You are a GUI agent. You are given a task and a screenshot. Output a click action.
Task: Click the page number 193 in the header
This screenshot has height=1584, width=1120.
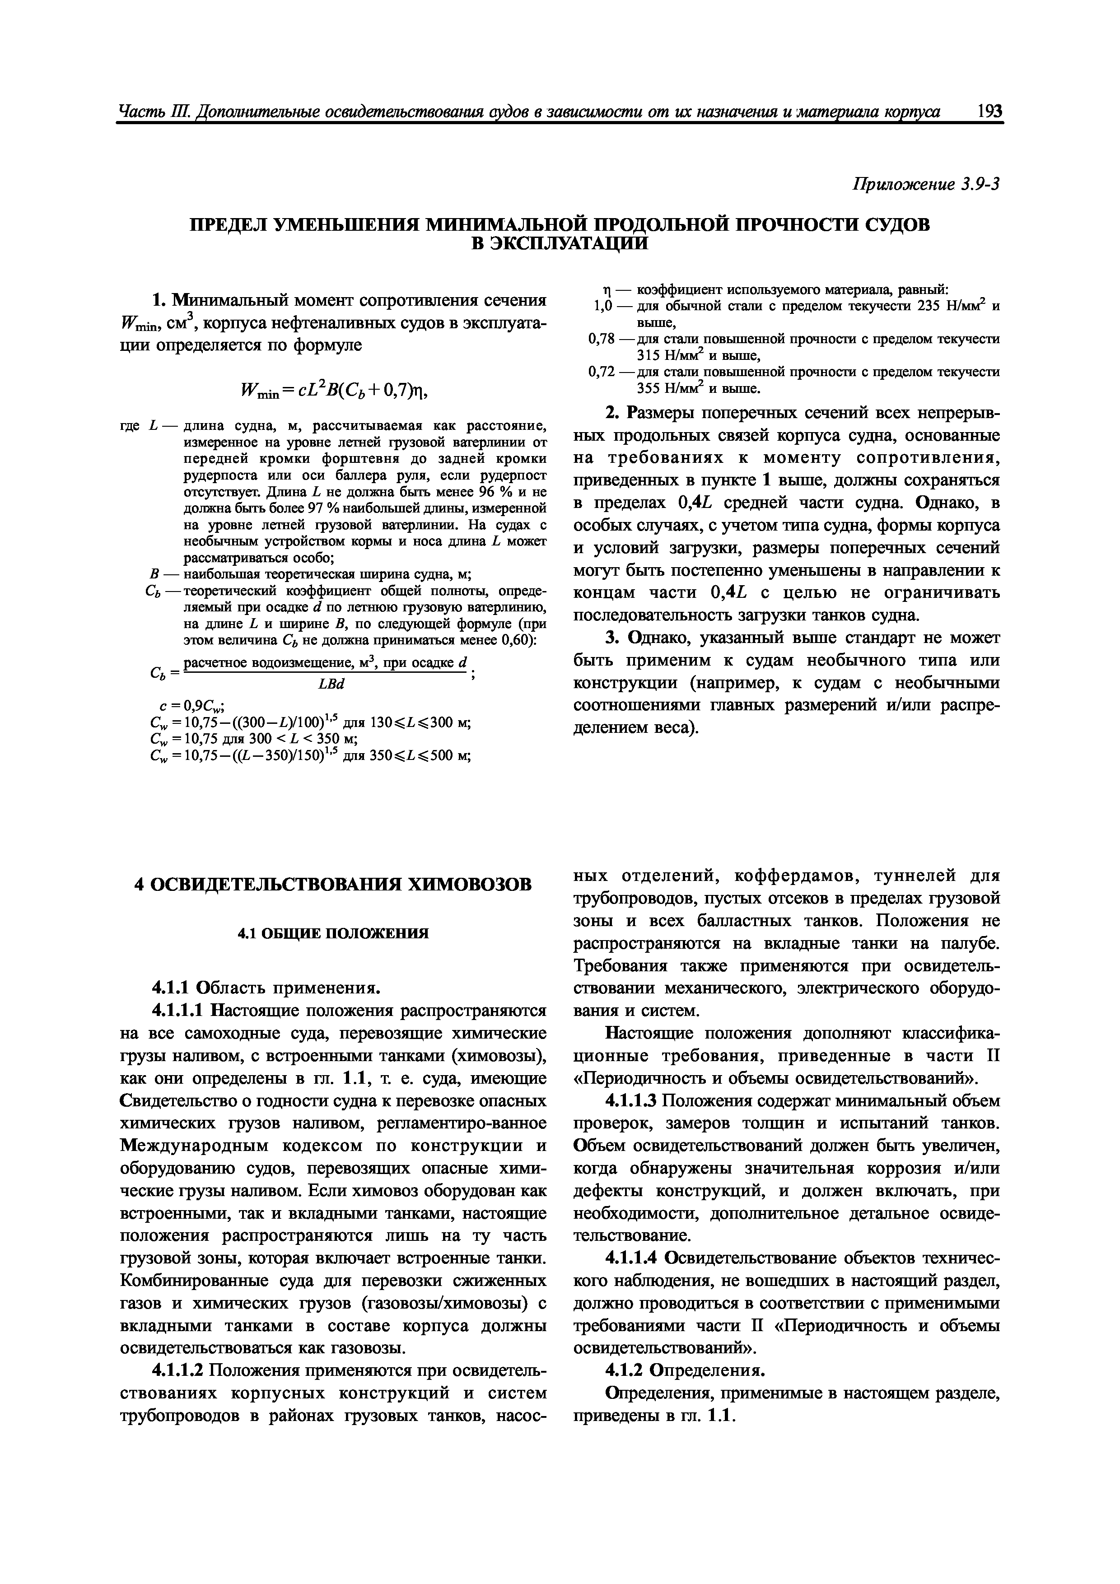[989, 112]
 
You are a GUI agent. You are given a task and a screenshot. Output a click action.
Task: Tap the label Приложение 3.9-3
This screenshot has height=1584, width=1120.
[927, 184]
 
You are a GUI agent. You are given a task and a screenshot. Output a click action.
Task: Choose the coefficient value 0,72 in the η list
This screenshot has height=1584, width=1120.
[600, 372]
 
